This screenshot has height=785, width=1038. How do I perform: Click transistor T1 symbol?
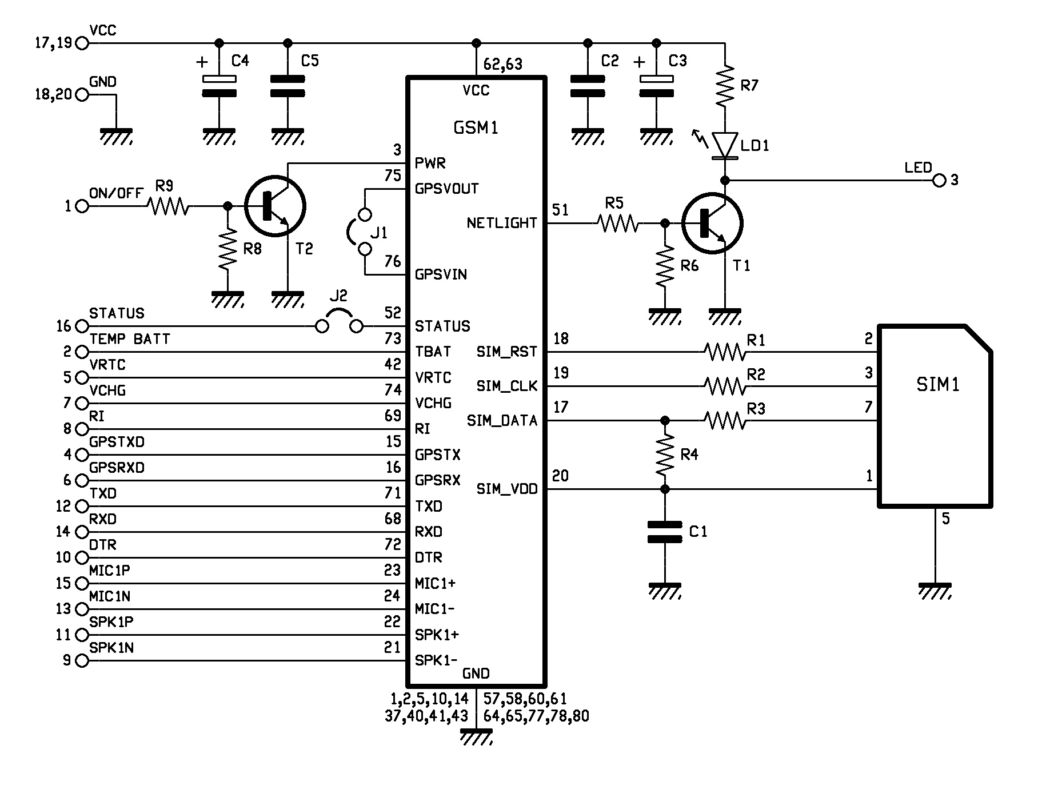pyautogui.click(x=712, y=223)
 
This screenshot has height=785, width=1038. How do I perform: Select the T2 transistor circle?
pyautogui.click(x=275, y=206)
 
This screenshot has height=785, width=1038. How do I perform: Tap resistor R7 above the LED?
pyautogui.click(x=724, y=86)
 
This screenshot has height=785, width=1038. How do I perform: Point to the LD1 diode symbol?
pyautogui.click(x=725, y=145)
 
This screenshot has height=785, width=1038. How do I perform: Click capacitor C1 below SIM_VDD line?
pyautogui.click(x=664, y=532)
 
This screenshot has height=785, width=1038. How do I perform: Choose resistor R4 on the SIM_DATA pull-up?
pyautogui.click(x=664, y=455)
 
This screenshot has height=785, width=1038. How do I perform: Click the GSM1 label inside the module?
pyautogui.click(x=476, y=127)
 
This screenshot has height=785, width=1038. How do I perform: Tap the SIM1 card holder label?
pyautogui.click(x=937, y=385)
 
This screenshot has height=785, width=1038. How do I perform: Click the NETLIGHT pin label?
pyautogui.click(x=502, y=223)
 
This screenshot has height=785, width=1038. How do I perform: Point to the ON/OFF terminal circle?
pyautogui.click(x=82, y=206)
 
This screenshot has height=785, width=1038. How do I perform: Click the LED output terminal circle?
pyautogui.click(x=939, y=181)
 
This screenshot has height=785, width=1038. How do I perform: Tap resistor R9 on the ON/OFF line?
pyautogui.click(x=168, y=206)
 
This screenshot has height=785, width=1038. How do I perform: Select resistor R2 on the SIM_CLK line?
pyautogui.click(x=724, y=386)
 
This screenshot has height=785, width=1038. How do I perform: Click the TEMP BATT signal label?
pyautogui.click(x=130, y=339)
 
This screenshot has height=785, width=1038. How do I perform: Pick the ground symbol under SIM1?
pyautogui.click(x=935, y=591)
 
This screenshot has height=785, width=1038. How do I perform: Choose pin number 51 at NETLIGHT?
pyautogui.click(x=560, y=210)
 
